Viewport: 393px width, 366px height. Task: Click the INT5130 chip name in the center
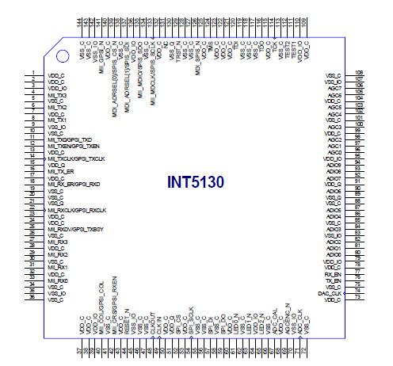coord(196,182)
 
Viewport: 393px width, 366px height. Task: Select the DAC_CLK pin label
coord(328,292)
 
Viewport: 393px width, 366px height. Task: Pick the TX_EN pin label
coord(333,281)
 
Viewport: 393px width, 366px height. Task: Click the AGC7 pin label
coord(334,86)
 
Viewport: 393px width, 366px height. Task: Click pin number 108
coord(358,74)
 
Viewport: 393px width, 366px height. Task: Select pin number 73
coord(358,297)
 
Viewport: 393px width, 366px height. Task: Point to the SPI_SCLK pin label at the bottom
coord(193,318)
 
